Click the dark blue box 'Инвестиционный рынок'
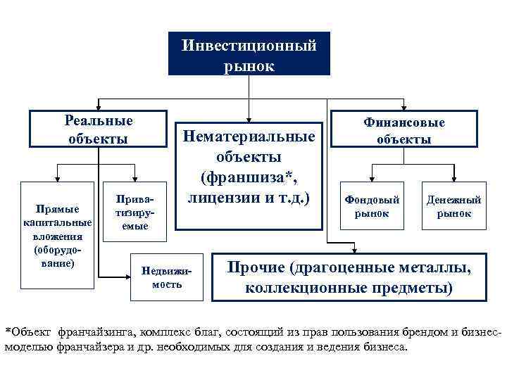tap(249, 53)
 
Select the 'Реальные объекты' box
tap(99, 129)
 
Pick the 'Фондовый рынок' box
tap(372, 206)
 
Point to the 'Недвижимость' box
tap(166, 277)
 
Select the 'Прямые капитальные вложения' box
tap(57, 235)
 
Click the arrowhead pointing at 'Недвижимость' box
tap(128, 273)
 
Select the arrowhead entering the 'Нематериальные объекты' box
tap(249, 116)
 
